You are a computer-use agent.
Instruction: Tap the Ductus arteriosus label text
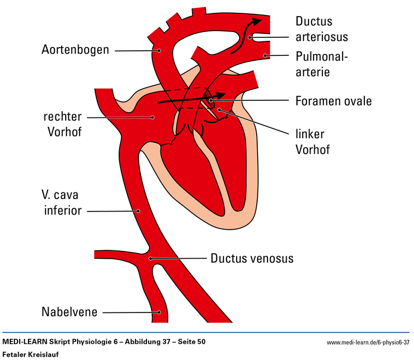[321, 29]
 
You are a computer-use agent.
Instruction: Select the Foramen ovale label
[334, 100]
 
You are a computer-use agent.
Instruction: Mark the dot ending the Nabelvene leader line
[160, 312]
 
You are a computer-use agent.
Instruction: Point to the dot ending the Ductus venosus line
[151, 258]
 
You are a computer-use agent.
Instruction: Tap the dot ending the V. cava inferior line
[138, 211]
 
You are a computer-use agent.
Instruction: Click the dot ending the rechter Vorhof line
[153, 117]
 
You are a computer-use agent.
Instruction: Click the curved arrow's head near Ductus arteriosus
[257, 21]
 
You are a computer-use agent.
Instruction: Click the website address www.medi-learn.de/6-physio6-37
[368, 342]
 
